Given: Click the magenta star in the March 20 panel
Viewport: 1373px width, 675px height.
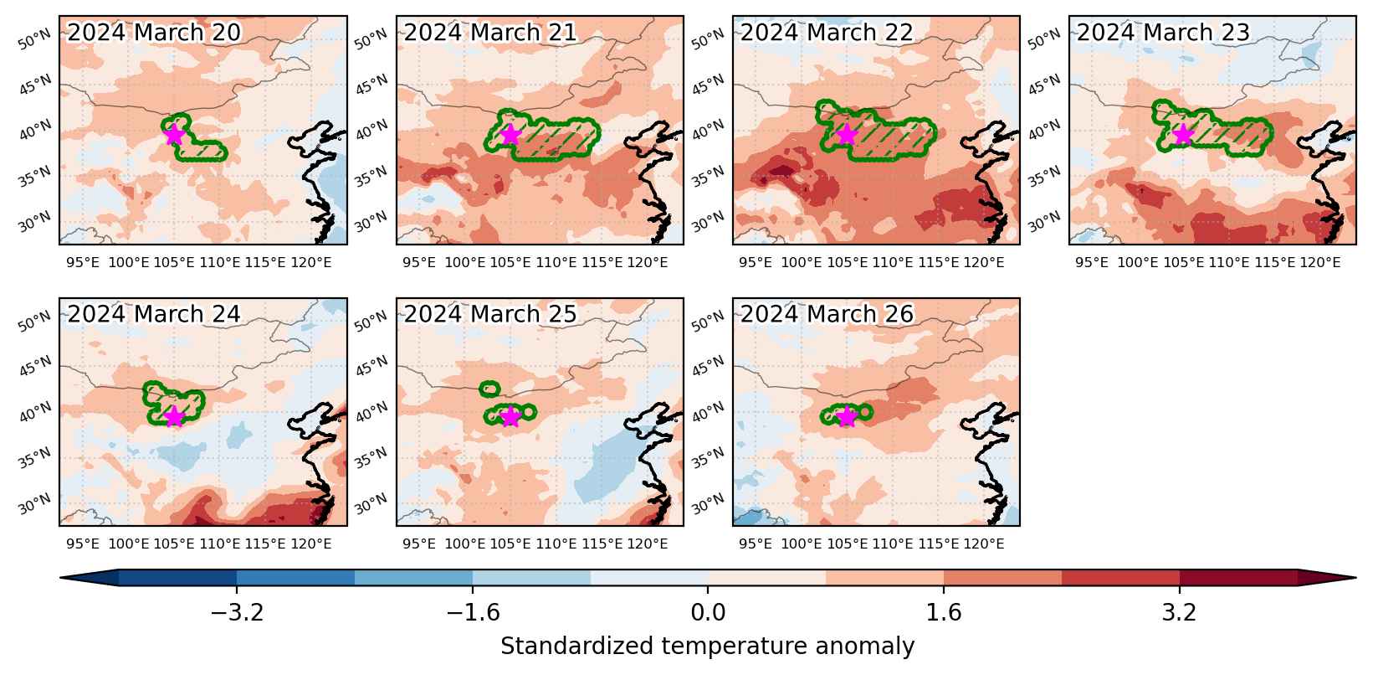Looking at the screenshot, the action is coord(175,134).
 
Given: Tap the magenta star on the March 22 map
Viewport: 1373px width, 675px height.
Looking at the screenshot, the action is coord(847,134).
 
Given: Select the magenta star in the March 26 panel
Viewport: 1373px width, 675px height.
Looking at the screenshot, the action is coord(847,417).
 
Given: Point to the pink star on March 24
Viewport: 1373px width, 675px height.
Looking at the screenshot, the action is coord(175,417).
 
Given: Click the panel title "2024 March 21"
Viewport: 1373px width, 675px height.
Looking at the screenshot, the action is coord(490,33).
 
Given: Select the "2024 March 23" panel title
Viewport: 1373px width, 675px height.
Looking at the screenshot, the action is coord(1163,33).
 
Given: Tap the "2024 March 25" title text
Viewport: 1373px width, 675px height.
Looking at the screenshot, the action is coord(490,314).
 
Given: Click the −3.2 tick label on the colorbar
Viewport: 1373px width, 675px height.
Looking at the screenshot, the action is coord(237,612).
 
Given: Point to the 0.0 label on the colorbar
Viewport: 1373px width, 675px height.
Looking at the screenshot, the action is coord(708,612).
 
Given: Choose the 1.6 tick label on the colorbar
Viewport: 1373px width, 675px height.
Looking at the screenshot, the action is coord(943,612).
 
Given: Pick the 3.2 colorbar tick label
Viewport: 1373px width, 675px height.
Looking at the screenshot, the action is coord(1180,612).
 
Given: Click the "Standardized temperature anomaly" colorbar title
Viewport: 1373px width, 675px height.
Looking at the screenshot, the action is coord(707,647).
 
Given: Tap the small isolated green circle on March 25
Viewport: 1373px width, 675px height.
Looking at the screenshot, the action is coord(489,389).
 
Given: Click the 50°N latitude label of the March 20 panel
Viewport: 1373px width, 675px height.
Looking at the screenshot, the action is coord(35,39).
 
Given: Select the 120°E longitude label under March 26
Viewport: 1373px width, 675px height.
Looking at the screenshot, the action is coord(984,544).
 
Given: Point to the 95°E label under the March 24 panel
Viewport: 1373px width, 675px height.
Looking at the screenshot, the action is coord(83,544).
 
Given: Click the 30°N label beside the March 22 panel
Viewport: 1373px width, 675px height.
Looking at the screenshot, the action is coord(708,222).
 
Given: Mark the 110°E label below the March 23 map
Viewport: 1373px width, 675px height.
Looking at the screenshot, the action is coord(1229,263).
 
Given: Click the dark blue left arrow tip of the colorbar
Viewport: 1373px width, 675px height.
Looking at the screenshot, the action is coord(61,577).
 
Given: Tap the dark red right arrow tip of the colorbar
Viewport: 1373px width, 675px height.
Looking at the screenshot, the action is coord(1355,577).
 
